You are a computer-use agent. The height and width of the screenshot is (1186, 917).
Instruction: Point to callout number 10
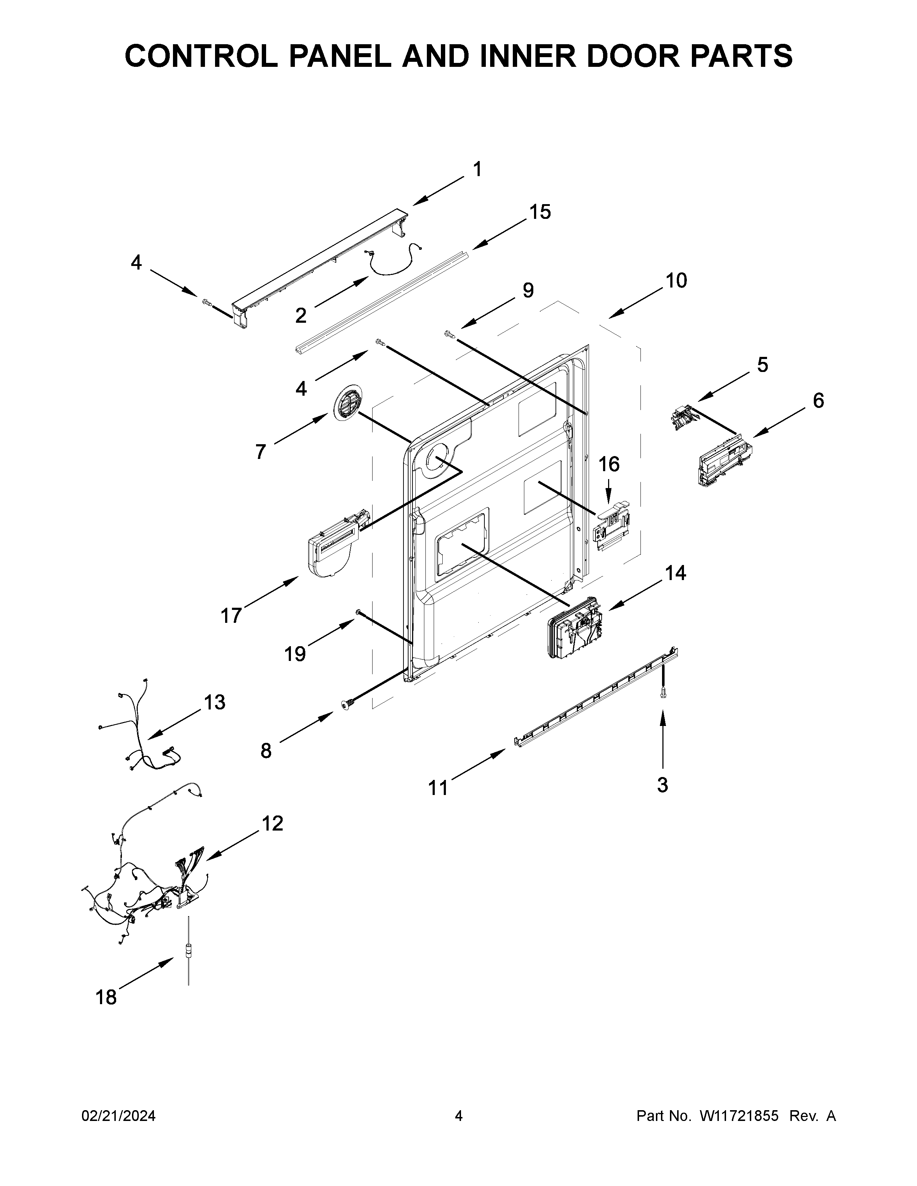point(676,281)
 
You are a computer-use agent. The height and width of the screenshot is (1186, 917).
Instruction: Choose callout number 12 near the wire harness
point(272,824)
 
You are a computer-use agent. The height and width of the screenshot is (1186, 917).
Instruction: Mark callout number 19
point(295,654)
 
